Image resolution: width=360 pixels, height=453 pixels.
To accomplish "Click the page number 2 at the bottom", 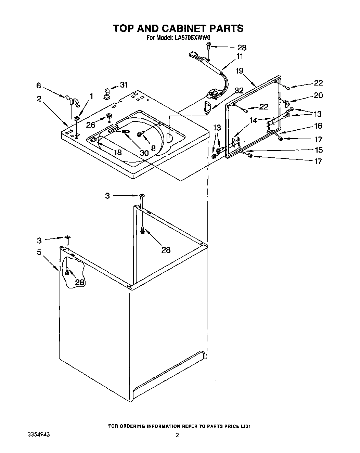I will pos(177,436).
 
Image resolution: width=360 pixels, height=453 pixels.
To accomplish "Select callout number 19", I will pos(240,71).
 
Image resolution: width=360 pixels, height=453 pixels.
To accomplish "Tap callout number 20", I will pos(318,95).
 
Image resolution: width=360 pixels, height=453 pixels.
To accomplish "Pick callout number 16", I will pos(318,126).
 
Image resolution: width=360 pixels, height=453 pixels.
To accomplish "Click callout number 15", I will pos(318,150).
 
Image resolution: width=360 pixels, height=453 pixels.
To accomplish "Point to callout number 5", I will pos(39,253).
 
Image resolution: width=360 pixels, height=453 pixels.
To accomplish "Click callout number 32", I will pos(239,91).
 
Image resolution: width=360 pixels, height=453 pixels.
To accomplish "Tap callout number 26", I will pos(91,125).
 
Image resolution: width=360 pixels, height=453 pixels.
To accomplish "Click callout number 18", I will pos(117,152).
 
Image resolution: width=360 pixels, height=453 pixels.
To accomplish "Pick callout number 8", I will pos(153,148).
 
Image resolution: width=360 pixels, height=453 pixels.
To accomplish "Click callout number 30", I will pos(144,153).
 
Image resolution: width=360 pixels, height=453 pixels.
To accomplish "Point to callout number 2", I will pos(39,99).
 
